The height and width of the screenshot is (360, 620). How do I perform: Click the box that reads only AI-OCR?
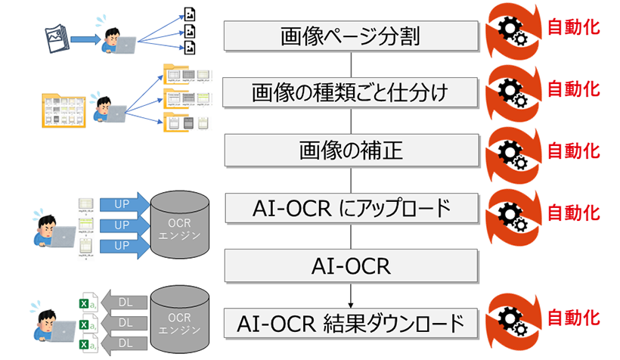click(352, 265)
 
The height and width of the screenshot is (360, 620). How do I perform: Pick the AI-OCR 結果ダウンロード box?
click(352, 324)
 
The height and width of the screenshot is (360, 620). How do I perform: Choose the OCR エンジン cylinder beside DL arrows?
click(179, 322)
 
